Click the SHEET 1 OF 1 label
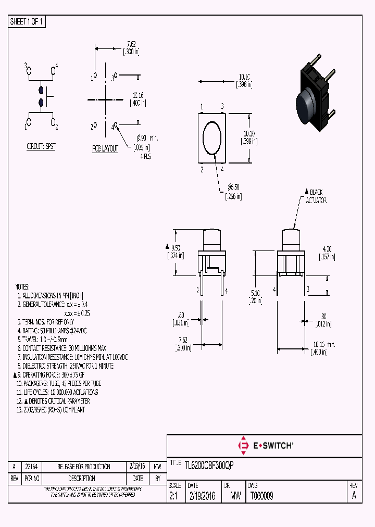[x=27, y=22]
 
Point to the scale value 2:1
[x=173, y=496]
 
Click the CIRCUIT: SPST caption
[x=41, y=147]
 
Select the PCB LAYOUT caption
[x=105, y=148]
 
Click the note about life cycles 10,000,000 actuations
[x=57, y=392]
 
